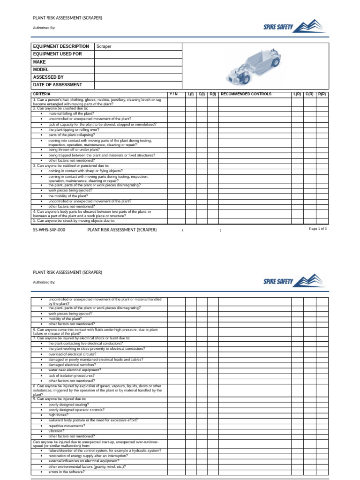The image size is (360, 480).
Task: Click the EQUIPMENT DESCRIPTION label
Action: [x=60, y=47]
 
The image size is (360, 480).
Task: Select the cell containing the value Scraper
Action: [x=104, y=47]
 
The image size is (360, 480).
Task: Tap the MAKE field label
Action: [x=39, y=62]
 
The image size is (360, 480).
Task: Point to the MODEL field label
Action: [x=41, y=69]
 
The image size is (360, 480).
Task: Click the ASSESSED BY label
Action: [x=48, y=77]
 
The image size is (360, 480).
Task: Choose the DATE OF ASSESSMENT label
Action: [x=57, y=85]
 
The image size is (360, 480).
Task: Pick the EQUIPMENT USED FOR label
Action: [x=57, y=54]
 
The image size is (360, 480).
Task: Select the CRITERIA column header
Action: [x=42, y=94]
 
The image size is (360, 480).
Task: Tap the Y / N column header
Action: [x=173, y=94]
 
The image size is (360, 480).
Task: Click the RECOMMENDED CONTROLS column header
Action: [x=246, y=94]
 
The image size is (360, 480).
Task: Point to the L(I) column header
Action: [x=191, y=94]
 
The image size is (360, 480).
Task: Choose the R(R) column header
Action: [x=322, y=94]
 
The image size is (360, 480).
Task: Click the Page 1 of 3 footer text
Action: [x=318, y=229]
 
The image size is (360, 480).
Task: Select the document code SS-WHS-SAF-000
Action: [x=49, y=230]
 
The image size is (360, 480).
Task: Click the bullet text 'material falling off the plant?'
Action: [x=71, y=113]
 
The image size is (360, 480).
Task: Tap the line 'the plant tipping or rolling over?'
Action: [x=74, y=129]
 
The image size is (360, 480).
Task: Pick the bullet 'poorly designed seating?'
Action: [x=68, y=405]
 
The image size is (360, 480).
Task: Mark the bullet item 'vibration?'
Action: [x=57, y=431]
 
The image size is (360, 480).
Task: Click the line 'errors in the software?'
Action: [x=66, y=472]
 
